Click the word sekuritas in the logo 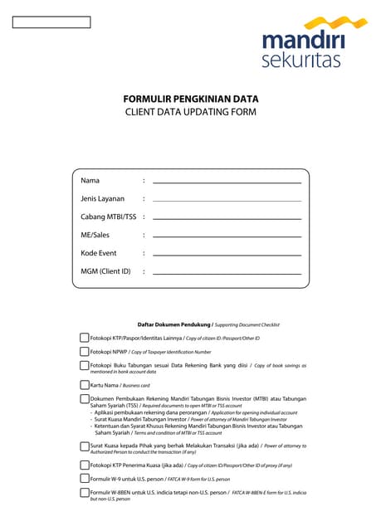click(x=301, y=60)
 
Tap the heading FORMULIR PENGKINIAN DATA click(x=190, y=98)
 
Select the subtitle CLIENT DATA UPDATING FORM click(x=190, y=111)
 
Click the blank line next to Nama click(x=227, y=181)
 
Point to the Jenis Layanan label click(x=102, y=199)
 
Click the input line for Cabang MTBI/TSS click(x=227, y=218)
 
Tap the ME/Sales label click(x=95, y=235)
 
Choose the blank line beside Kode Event click(x=227, y=254)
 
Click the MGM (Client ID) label click(x=105, y=271)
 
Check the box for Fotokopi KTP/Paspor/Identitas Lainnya click(x=85, y=338)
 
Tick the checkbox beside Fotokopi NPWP click(x=85, y=352)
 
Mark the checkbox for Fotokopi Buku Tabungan click(x=85, y=365)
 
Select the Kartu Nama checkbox click(x=85, y=385)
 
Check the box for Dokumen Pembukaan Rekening click(x=85, y=398)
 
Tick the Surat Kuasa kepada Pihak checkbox click(x=85, y=446)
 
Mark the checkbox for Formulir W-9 click(x=85, y=479)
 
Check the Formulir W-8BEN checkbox click(x=85, y=493)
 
